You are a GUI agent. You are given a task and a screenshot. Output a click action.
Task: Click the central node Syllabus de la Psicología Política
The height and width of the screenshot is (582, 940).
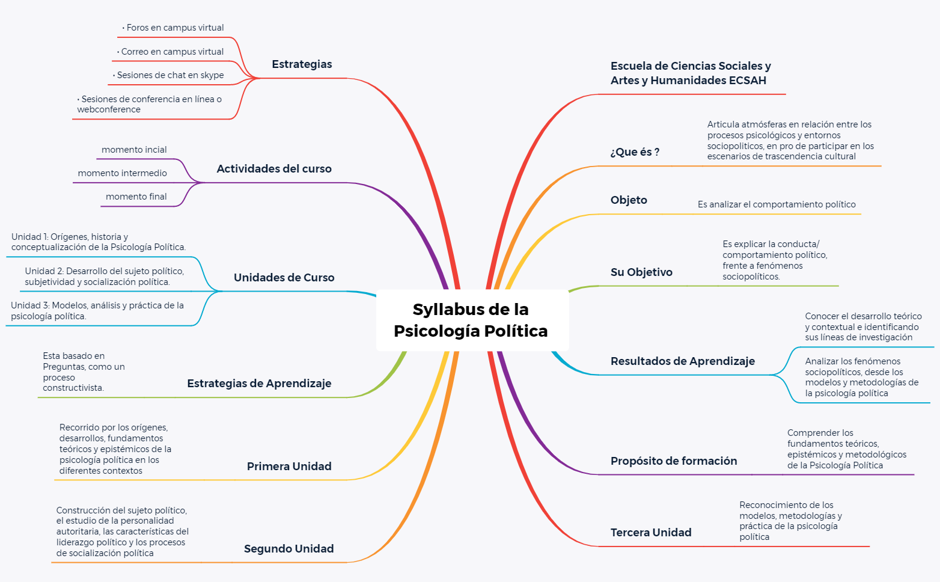pos(471,320)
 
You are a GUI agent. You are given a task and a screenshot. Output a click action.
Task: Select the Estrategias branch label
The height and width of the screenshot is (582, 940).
pos(302,64)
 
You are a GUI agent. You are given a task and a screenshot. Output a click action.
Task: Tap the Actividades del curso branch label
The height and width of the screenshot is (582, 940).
pos(274,169)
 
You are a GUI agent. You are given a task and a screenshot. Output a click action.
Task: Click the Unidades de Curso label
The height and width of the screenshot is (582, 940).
pos(284,278)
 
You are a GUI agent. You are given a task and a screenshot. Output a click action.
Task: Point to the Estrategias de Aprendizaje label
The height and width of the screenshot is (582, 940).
pos(259,384)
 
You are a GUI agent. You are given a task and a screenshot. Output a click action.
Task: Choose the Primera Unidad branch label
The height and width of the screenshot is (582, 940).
pos(289,467)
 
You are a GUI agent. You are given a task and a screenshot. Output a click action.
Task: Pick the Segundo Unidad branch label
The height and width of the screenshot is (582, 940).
pos(288,549)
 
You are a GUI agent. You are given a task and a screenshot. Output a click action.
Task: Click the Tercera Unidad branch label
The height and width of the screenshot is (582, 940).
pos(651,533)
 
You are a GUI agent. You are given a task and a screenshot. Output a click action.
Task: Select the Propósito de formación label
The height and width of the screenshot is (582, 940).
pos(674,461)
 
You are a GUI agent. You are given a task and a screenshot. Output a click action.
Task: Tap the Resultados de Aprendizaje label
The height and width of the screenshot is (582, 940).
pos(683,361)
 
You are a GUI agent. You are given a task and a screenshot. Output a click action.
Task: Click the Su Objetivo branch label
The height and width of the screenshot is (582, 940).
pos(641,272)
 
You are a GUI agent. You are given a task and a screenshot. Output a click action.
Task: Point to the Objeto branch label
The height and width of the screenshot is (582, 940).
pos(629,200)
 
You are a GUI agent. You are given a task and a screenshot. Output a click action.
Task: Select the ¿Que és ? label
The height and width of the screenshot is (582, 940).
pos(635,152)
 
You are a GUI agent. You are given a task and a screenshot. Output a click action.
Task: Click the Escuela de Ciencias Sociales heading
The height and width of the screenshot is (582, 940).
pos(691,73)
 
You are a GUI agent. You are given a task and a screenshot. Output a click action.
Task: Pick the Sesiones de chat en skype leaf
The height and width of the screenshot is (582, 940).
pos(170,75)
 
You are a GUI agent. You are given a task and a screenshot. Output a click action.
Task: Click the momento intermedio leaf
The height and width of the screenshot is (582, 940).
pos(123,173)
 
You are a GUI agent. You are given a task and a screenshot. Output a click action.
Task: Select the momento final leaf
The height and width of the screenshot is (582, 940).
pos(136,197)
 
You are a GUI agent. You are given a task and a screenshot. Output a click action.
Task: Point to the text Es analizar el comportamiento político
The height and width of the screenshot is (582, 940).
pos(777,204)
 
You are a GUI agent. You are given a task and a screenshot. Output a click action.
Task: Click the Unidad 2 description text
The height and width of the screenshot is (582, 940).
pos(105,277)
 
